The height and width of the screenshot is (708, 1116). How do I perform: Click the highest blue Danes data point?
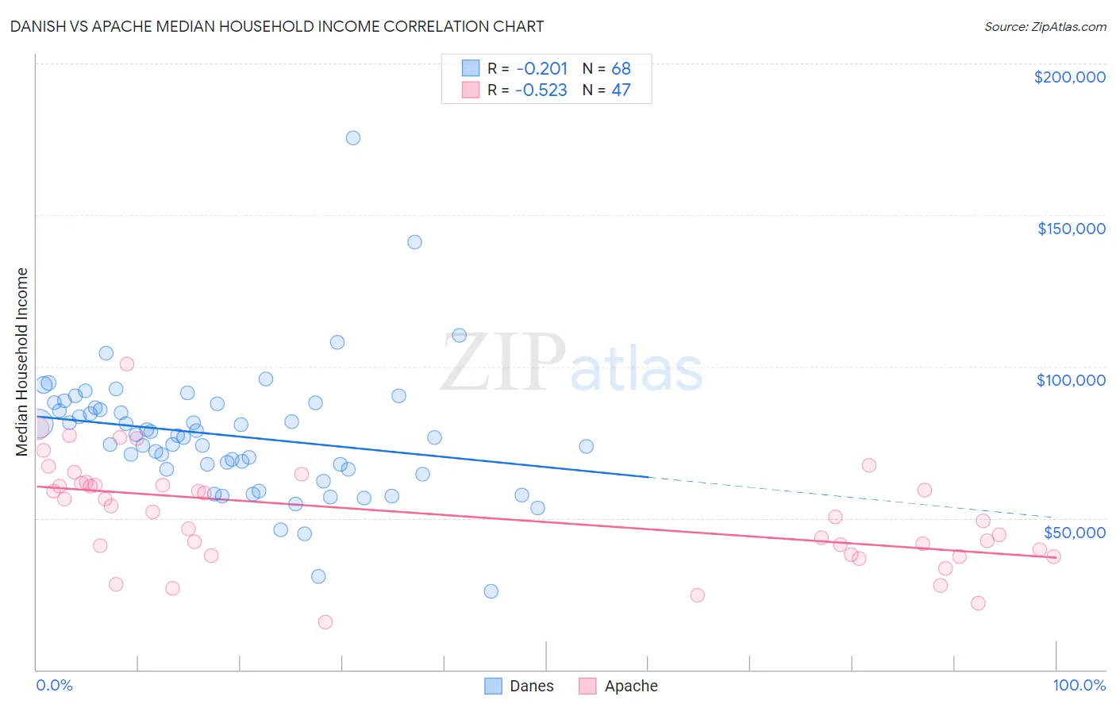(353, 138)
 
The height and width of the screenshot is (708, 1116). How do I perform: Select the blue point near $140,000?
(414, 242)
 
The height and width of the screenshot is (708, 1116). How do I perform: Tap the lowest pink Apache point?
(325, 622)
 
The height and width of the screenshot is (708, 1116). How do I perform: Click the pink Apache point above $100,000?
(127, 364)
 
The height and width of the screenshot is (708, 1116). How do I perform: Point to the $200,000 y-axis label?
(1069, 77)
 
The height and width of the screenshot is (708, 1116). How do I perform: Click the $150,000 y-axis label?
(1071, 229)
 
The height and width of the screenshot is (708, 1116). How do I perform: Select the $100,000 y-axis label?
(1071, 380)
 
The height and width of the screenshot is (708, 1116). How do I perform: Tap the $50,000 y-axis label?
(1074, 533)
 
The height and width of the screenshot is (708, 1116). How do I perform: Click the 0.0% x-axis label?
(54, 686)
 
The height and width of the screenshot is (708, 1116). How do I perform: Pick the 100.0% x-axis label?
(1079, 686)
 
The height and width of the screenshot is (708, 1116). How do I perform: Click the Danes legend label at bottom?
(531, 687)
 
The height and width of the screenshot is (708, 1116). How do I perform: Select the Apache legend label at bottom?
(631, 687)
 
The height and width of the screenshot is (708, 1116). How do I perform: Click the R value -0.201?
(541, 68)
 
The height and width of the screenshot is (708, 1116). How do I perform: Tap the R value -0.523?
(541, 90)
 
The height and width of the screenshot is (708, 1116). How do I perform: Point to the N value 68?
(621, 68)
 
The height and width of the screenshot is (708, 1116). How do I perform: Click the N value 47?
(621, 90)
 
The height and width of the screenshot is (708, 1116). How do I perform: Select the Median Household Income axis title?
(22, 362)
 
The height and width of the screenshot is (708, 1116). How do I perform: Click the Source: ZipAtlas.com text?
(1045, 26)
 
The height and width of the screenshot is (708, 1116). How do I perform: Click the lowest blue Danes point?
(491, 591)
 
